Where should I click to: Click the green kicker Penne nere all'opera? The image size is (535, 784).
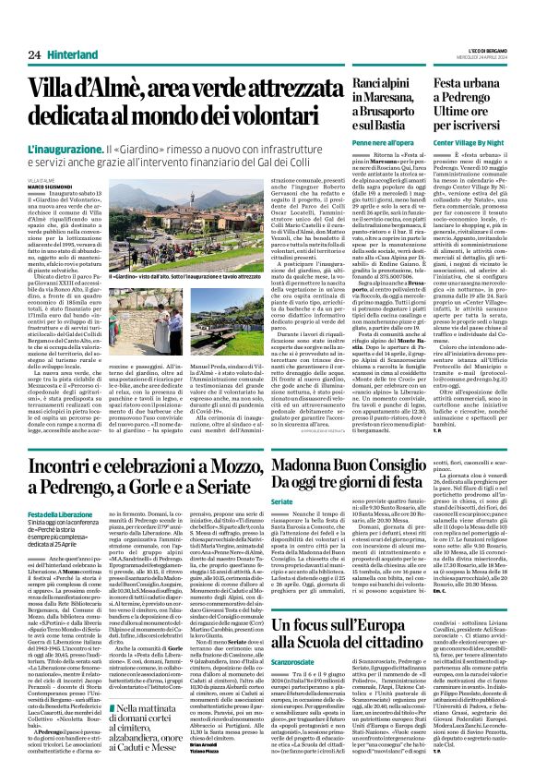pos(351,143)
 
